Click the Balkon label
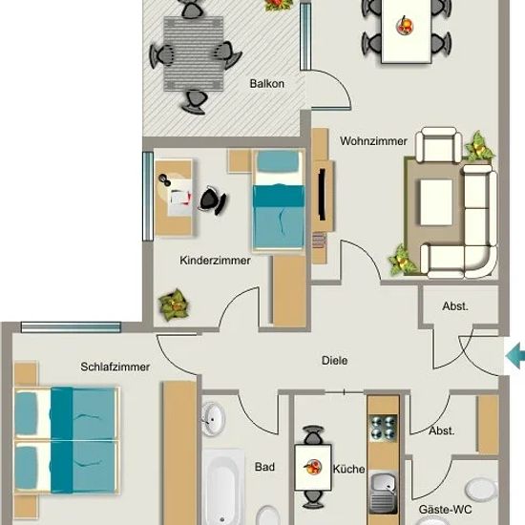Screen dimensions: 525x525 click(x=267, y=84)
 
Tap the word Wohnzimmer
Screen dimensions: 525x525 click(x=373, y=141)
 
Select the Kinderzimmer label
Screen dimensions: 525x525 click(x=215, y=261)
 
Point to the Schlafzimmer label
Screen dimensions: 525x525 click(x=115, y=367)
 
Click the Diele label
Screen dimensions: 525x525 click(x=334, y=361)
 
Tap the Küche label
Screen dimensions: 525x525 click(x=348, y=469)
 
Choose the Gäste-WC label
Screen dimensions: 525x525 click(x=446, y=510)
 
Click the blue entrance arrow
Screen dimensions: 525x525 click(x=515, y=357)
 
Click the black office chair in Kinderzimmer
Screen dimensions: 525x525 click(x=213, y=200)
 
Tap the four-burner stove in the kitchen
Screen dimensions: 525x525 click(x=383, y=427)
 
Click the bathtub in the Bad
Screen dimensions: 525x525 click(x=222, y=487)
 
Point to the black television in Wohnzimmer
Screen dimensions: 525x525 click(x=322, y=194)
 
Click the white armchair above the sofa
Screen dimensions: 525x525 click(x=438, y=146)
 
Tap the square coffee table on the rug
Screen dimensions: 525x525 click(x=436, y=202)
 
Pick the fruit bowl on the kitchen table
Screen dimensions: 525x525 click(x=313, y=467)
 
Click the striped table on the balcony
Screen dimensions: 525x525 click(x=194, y=53)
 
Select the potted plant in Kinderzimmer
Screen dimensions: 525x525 click(x=173, y=305)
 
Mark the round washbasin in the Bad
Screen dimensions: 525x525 click(x=213, y=419)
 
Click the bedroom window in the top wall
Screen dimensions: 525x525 click(x=71, y=327)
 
